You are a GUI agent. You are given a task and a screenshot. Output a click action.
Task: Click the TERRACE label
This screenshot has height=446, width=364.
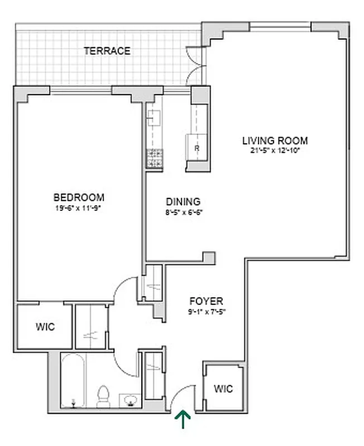107,51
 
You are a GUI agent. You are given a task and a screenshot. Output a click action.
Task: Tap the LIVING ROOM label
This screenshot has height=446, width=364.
275,140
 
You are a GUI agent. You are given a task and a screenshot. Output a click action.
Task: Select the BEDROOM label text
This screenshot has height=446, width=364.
79,197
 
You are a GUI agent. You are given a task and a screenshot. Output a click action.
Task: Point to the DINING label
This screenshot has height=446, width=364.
183,202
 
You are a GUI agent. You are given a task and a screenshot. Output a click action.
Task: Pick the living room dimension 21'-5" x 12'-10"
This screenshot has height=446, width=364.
275,151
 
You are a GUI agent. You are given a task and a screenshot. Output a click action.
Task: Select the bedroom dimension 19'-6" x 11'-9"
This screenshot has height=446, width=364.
79,208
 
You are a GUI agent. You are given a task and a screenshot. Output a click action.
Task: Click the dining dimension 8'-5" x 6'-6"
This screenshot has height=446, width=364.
183,212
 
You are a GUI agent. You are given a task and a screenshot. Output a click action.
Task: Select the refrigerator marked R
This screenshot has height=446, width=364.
197,148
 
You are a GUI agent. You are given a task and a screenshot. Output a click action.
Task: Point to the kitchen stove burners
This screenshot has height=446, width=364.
154,159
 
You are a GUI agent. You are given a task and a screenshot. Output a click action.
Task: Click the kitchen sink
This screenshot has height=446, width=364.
154,118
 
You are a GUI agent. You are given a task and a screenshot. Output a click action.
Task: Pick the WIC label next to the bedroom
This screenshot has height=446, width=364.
45,327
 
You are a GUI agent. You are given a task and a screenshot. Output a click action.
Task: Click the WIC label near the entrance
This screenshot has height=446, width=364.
223,388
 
